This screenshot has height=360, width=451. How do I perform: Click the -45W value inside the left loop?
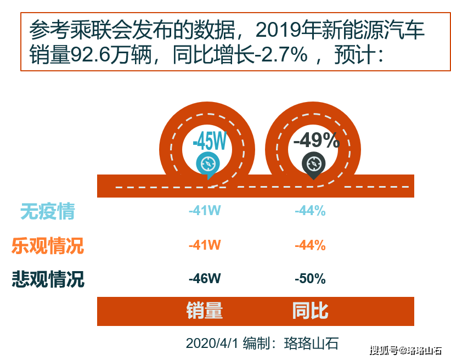click(x=210, y=141)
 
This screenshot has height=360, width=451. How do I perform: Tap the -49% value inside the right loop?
click(x=317, y=140)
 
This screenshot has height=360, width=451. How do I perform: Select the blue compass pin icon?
click(x=208, y=165)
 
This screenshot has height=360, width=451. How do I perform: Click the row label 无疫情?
click(x=47, y=211)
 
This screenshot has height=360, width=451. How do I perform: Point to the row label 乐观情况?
click(x=48, y=246)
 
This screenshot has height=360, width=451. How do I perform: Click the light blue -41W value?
click(x=205, y=210)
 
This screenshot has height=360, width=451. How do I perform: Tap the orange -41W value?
click(x=205, y=245)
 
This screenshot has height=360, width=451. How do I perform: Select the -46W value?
click(x=205, y=279)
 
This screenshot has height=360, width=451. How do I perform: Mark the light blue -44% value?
click(x=310, y=211)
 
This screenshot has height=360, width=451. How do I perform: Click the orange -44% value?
click(x=310, y=245)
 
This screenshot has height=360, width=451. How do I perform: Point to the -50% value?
click(x=310, y=279)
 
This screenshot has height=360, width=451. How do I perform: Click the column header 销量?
click(x=205, y=311)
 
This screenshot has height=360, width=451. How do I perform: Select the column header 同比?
click(x=310, y=311)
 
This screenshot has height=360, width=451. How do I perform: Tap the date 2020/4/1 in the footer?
click(x=212, y=344)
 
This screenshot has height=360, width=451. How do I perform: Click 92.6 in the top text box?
click(x=91, y=55)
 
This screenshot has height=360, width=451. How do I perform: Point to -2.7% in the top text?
click(x=281, y=55)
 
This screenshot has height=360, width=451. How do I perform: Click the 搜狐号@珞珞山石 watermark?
click(x=405, y=351)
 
